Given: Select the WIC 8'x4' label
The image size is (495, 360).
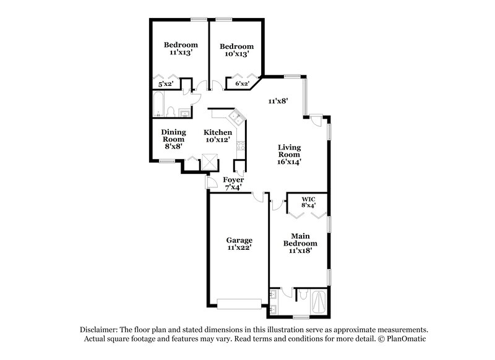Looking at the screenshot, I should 308,201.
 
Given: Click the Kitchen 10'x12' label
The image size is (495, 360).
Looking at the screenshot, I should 218,136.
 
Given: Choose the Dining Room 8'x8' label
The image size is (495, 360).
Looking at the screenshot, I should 173,140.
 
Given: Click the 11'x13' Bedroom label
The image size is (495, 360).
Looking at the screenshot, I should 181,49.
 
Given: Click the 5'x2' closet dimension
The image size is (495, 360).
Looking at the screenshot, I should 166,84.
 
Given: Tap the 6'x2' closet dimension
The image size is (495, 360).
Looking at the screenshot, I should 241,84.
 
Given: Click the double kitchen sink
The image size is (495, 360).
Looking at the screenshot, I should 236,116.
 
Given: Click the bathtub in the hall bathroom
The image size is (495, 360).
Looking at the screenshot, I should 158,105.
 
